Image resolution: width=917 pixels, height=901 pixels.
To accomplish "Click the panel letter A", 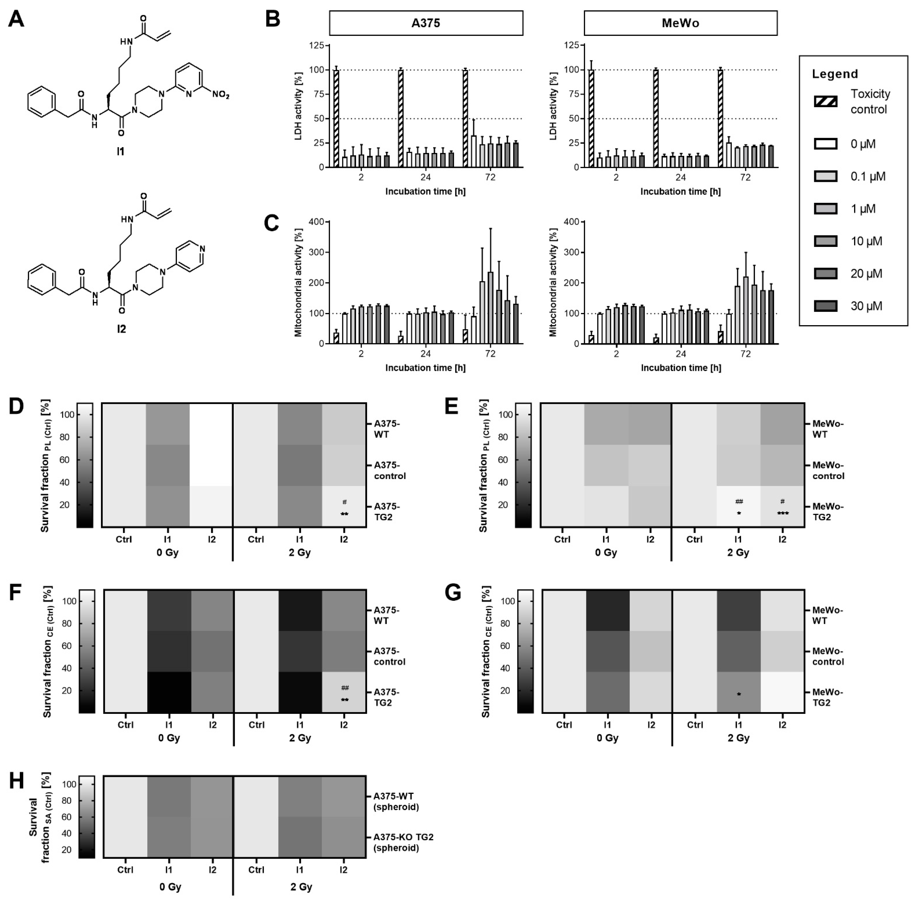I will point(17,20).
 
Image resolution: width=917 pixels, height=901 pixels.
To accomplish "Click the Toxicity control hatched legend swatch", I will point(826,101).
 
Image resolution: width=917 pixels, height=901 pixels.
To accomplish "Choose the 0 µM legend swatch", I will point(826,144).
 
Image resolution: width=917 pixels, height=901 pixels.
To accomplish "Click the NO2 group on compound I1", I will point(220,95).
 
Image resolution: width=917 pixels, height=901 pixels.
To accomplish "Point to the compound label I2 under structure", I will point(122,328).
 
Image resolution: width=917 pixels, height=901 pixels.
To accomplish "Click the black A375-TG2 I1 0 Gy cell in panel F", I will point(169,692).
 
